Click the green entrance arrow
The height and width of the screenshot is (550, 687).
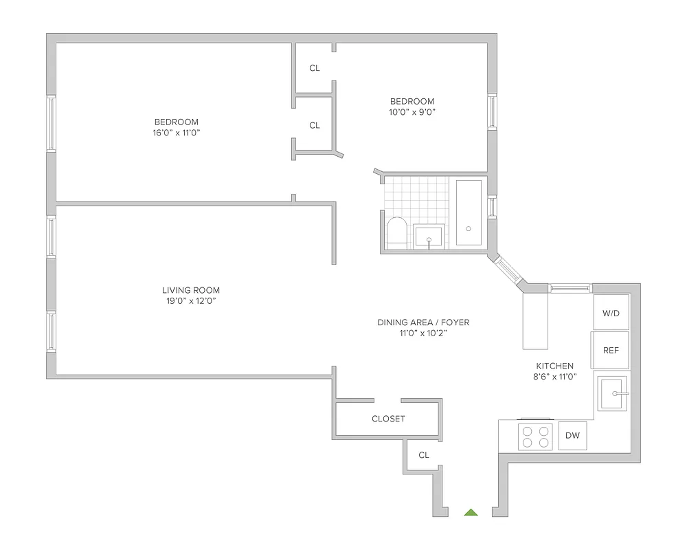click(471, 512)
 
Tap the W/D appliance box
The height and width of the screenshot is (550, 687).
click(611, 313)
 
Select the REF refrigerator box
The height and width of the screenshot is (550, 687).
click(611, 350)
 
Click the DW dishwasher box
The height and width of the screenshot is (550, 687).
click(572, 435)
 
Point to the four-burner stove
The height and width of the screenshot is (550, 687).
click(535, 437)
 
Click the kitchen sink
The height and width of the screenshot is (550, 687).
click(611, 393)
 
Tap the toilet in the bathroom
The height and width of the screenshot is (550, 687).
click(397, 232)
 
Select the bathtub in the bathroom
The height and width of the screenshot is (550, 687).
click(469, 212)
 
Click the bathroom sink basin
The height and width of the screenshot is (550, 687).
click(429, 236)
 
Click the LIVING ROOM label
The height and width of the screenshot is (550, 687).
click(191, 290)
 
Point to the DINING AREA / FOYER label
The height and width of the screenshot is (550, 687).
click(423, 322)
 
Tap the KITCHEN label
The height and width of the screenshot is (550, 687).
click(554, 366)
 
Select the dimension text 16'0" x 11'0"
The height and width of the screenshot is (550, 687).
click(177, 133)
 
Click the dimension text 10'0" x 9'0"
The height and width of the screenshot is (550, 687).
click(412, 111)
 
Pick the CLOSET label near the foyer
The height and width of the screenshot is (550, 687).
click(388, 419)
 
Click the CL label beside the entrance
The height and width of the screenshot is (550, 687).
click(424, 455)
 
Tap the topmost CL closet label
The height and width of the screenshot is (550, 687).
click(315, 68)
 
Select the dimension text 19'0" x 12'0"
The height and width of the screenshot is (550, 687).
click(191, 301)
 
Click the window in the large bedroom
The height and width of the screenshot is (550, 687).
click(51, 123)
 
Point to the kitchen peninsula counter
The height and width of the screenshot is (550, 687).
click(535, 321)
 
